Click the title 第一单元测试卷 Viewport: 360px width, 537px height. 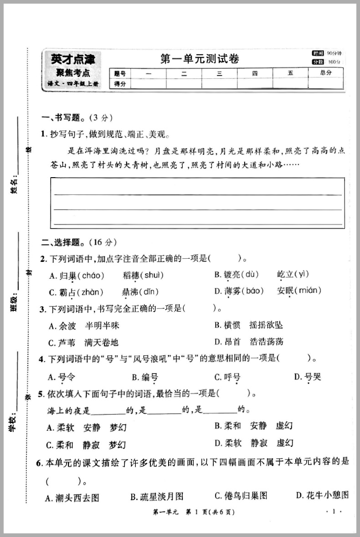pos(200,59)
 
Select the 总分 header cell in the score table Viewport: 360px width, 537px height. pos(325,73)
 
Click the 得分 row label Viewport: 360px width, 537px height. pos(119,83)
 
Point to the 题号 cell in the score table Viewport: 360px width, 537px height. pos(119,73)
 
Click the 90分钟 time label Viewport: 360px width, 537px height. pos(334,53)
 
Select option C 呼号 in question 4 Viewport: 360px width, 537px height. pos(227,377)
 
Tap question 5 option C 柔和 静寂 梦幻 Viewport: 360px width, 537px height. pos(86,445)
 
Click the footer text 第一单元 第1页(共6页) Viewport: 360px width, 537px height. pos(194,512)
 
